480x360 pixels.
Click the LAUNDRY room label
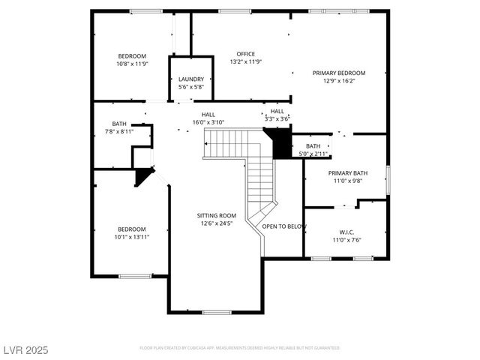tap(191, 79)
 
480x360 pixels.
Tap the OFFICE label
tap(245, 54)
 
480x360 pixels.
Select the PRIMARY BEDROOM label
tap(338, 73)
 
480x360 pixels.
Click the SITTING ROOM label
tap(217, 215)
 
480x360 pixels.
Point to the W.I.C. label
tap(346, 232)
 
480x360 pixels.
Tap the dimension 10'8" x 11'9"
tap(132, 64)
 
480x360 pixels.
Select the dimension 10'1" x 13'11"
tap(131, 237)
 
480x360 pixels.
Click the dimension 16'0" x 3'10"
tap(208, 121)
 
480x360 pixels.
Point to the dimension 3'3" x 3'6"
tap(277, 118)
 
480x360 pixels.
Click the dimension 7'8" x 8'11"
tap(119, 131)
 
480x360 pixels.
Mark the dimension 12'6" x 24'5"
tap(217, 223)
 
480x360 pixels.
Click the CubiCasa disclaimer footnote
tap(239, 348)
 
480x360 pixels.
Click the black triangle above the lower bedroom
tap(143, 176)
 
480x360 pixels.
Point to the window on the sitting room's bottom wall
tap(216, 312)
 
